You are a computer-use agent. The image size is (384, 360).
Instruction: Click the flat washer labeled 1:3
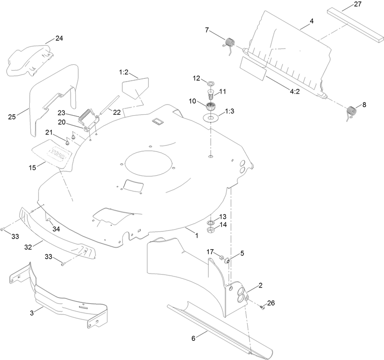[210, 118]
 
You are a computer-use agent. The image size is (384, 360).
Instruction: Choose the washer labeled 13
[210, 223]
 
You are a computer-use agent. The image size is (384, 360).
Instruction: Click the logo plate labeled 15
[54, 153]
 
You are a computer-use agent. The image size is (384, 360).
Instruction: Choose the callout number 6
[193, 338]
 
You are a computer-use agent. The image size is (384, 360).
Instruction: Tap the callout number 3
[32, 312]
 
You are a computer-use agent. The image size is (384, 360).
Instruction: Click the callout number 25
[12, 116]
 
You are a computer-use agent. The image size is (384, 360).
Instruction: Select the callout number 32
[27, 246]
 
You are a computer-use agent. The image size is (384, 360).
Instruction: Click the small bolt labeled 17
[222, 259]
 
